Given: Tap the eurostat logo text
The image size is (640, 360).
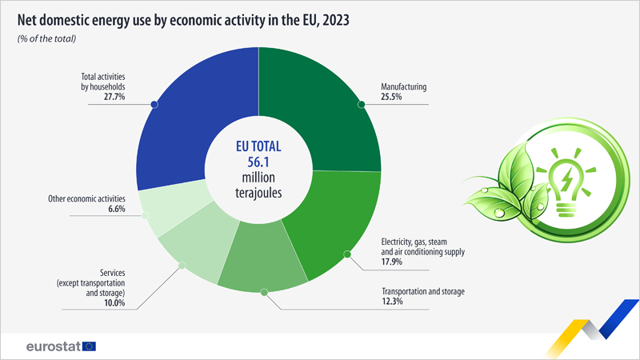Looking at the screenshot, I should tap(50, 346).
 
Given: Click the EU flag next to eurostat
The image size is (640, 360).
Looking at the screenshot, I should tap(88, 346).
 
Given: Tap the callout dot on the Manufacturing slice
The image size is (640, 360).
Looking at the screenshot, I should tap(362, 104).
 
